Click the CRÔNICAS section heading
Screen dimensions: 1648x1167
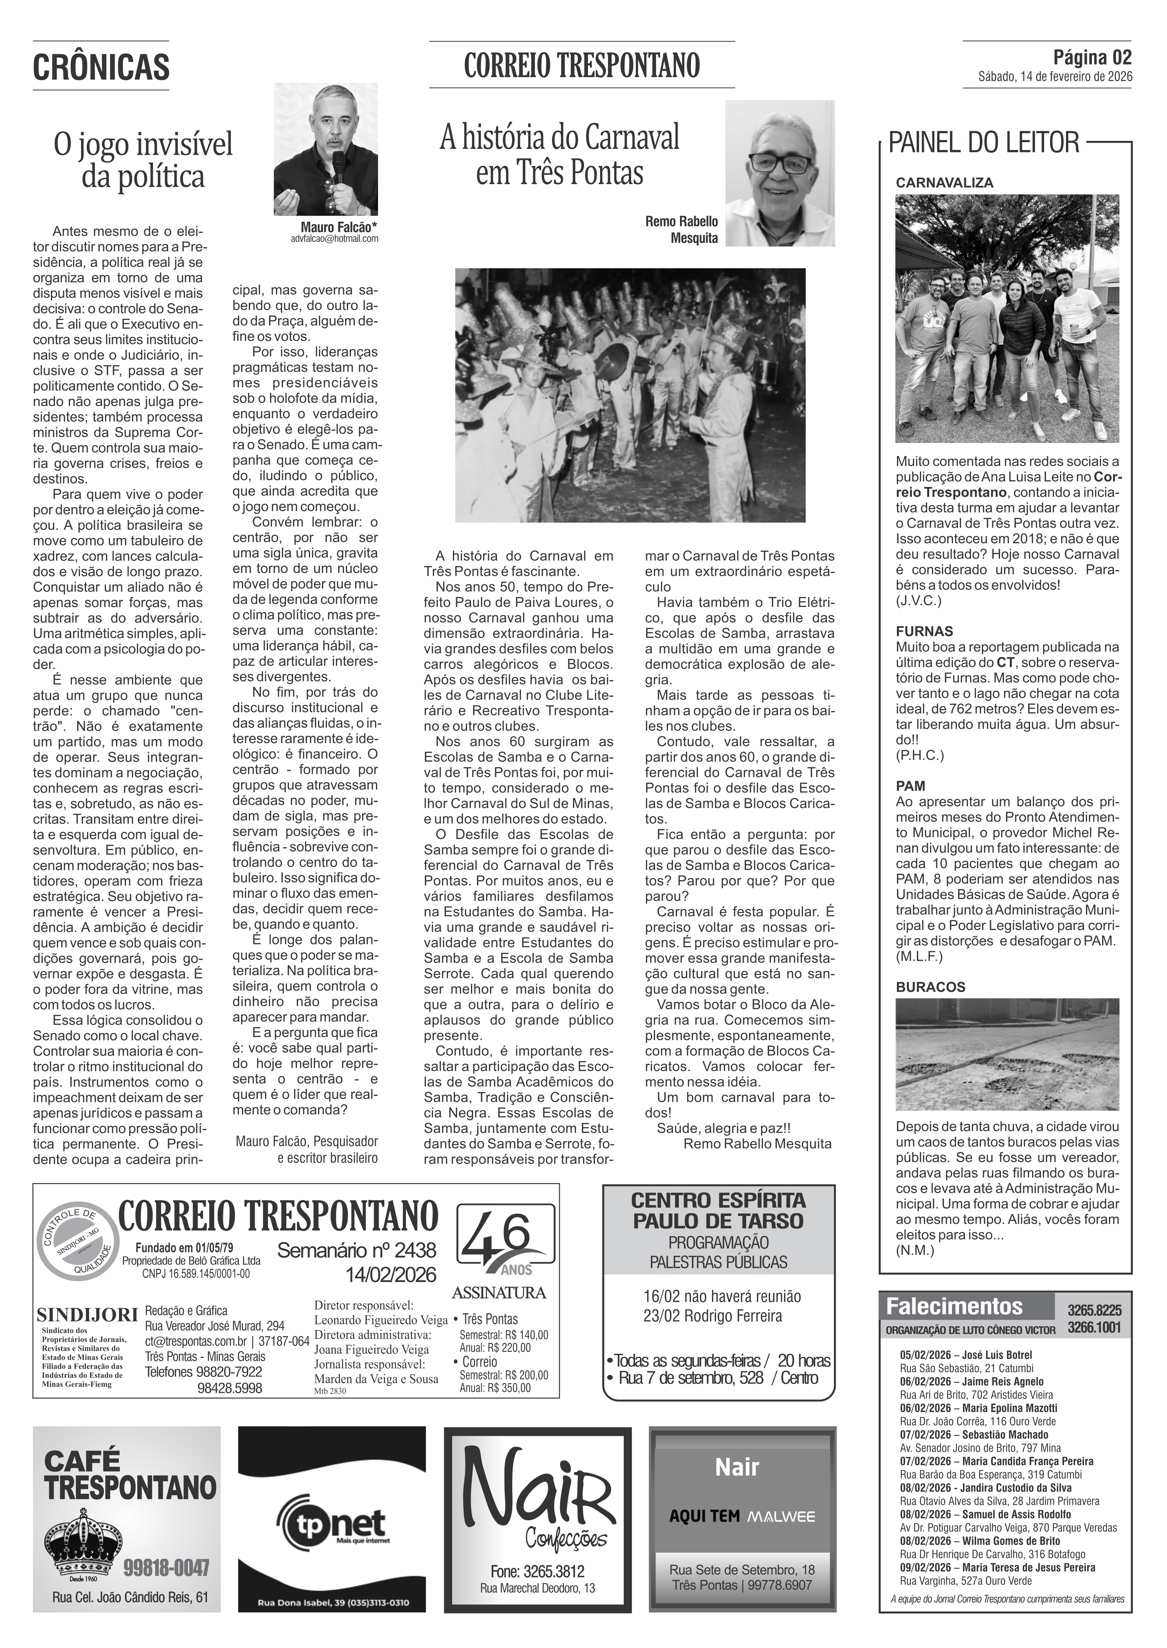point(101,67)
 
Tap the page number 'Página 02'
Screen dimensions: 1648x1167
point(1092,57)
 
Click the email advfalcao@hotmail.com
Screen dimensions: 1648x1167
point(334,239)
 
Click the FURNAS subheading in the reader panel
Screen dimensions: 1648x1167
point(924,631)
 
